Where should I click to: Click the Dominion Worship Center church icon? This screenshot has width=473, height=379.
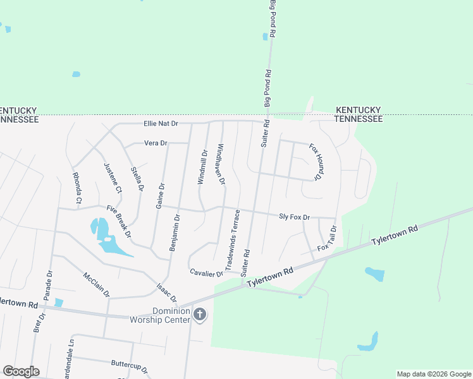pyautogui.click(x=200, y=314)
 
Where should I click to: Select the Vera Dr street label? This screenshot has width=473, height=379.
pyautogui.click(x=156, y=143)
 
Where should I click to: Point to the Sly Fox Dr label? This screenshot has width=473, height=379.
pyautogui.click(x=295, y=217)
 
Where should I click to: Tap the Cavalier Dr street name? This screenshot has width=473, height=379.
pyautogui.click(x=207, y=273)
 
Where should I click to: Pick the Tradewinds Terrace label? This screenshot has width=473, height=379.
pyautogui.click(x=230, y=236)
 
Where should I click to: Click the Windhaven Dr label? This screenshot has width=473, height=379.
pyautogui.click(x=221, y=164)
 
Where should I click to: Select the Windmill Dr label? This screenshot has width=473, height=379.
pyautogui.click(x=202, y=167)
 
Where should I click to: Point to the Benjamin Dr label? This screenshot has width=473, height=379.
pyautogui.click(x=175, y=232)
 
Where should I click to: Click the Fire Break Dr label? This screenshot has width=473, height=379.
pyautogui.click(x=119, y=222)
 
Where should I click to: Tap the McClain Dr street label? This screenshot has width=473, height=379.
pyautogui.click(x=96, y=284)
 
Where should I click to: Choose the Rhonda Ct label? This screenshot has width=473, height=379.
pyautogui.click(x=78, y=188)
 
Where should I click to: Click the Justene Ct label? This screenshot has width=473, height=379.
pyautogui.click(x=112, y=177)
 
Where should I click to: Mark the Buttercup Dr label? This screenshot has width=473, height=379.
pyautogui.click(x=129, y=367)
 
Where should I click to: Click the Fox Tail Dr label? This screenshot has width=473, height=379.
pyautogui.click(x=325, y=239)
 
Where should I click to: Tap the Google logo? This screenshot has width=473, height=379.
pyautogui.click(x=21, y=371)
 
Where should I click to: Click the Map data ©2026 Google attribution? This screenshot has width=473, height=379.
pyautogui.click(x=433, y=374)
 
